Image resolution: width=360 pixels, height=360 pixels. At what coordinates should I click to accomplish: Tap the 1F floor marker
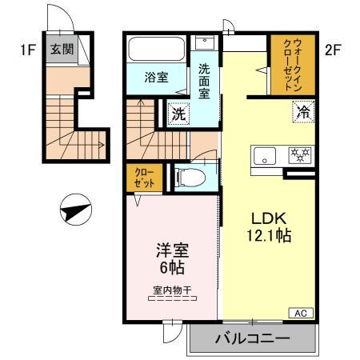(28, 50)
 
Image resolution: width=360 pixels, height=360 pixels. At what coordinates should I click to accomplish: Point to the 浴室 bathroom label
(156, 78)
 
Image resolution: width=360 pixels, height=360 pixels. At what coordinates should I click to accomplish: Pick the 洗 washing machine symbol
(179, 114)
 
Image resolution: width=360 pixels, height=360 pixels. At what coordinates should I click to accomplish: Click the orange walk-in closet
(291, 63)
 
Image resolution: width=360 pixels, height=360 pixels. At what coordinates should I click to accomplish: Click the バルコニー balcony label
(251, 340)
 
